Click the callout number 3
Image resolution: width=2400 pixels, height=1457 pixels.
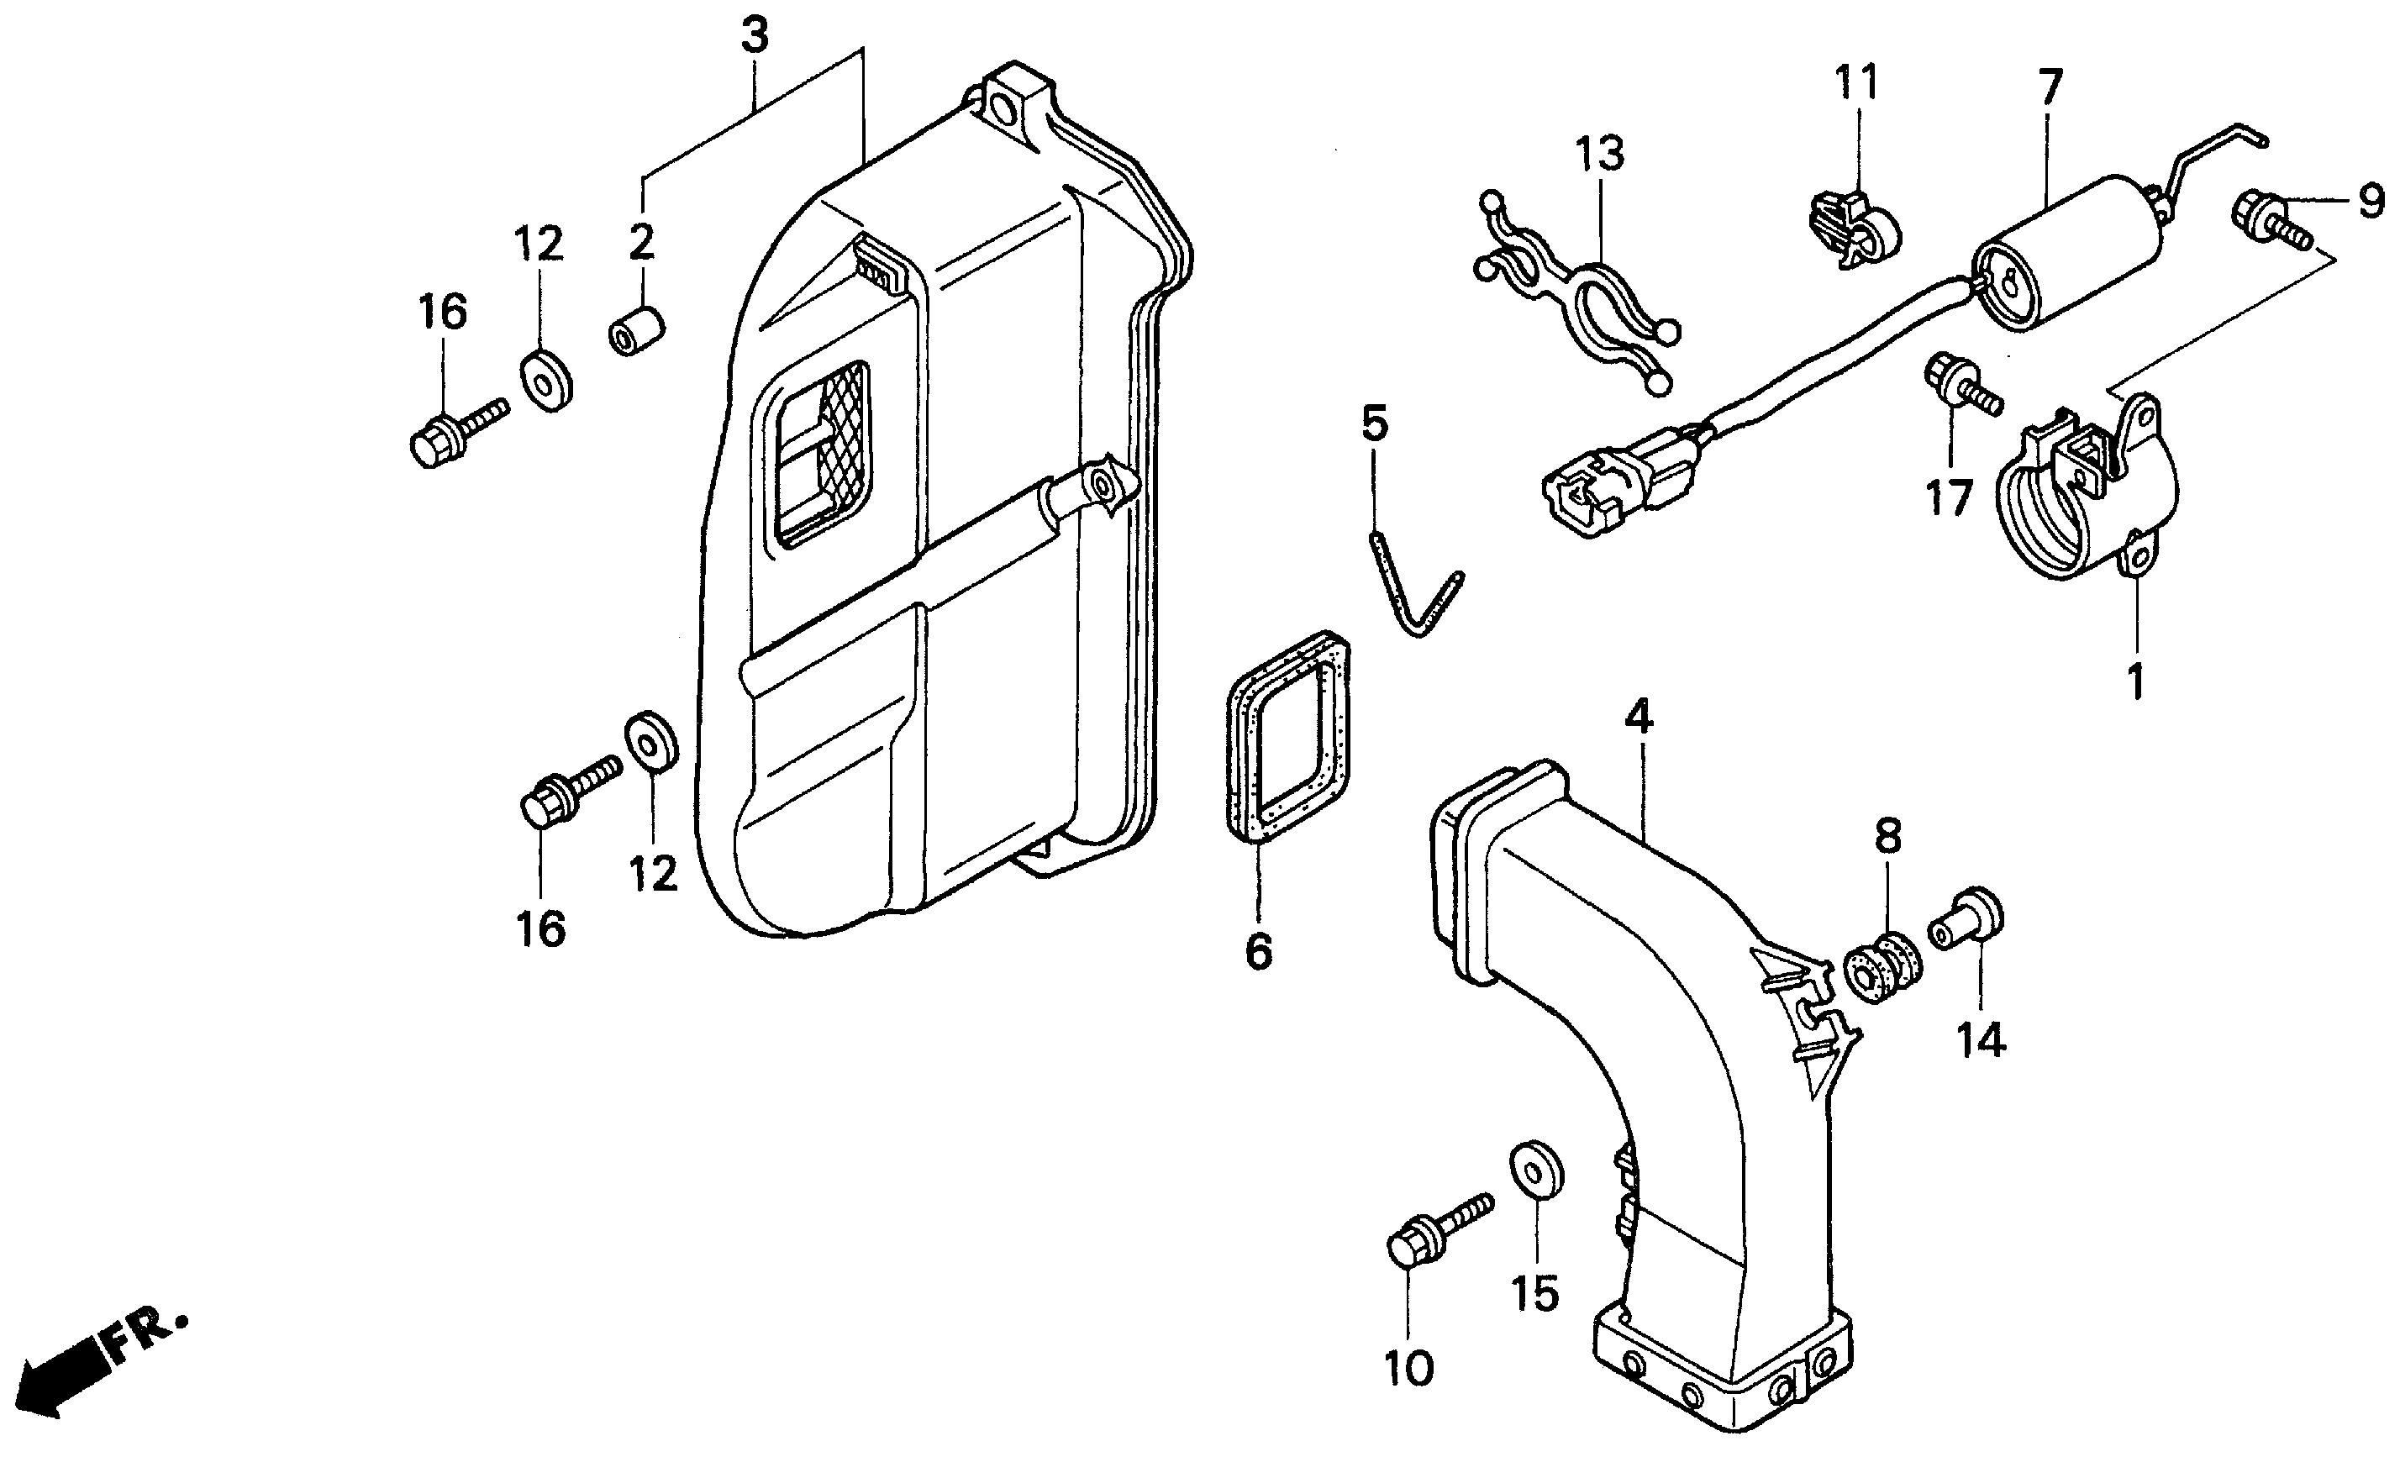[755, 36]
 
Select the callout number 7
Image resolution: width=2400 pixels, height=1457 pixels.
[2050, 87]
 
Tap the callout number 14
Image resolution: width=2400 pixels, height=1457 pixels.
[1980, 1041]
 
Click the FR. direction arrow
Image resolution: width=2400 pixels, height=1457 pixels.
[68, 1369]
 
